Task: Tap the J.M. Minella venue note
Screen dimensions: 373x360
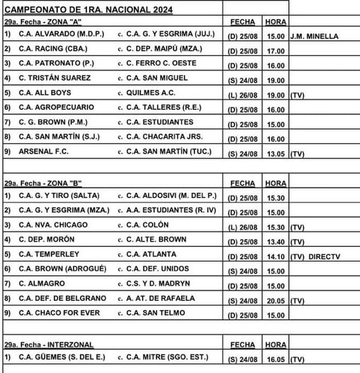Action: [314, 36]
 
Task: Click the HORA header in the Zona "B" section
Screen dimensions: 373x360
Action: [275, 183]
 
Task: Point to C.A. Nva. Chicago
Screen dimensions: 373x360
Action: [53, 225]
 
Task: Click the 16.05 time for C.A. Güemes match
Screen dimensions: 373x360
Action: [275, 358]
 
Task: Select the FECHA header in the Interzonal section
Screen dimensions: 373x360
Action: [242, 344]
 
